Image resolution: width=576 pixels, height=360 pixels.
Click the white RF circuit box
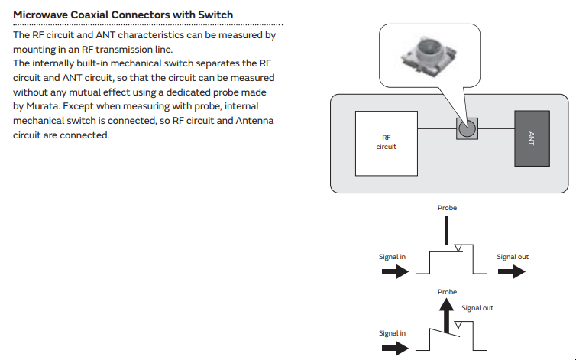[x=387, y=142]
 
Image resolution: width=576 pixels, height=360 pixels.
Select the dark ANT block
[x=531, y=138]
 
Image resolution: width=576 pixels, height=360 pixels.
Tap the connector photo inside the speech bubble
[x=429, y=57]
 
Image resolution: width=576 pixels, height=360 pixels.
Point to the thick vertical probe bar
[x=447, y=229]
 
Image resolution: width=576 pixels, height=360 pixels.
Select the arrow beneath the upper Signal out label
[x=513, y=272]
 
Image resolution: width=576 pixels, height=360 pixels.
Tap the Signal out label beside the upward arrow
[x=477, y=308]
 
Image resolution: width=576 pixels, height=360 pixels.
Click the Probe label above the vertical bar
[x=447, y=207]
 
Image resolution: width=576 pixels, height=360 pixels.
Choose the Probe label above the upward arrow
[x=447, y=292]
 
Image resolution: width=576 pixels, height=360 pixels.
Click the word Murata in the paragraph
[x=47, y=106]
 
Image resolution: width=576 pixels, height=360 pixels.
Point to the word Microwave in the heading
[x=42, y=15]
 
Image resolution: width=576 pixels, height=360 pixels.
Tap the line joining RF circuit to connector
[x=437, y=128]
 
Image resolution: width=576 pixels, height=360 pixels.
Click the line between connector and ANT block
[x=495, y=128]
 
